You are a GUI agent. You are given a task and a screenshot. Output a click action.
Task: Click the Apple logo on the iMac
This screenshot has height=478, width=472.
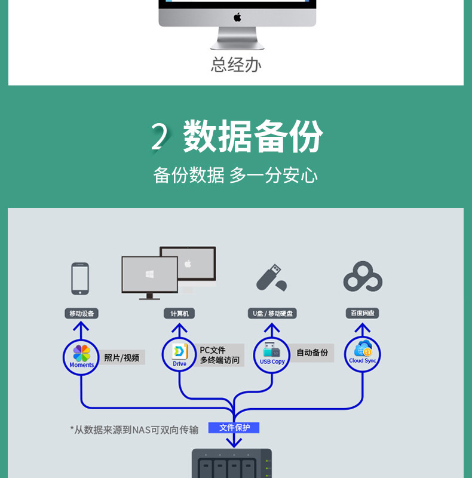click(x=237, y=17)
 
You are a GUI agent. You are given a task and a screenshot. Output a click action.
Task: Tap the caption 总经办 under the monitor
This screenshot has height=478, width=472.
click(x=236, y=65)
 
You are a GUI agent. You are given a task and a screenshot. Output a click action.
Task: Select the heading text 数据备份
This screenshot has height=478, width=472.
click(x=253, y=137)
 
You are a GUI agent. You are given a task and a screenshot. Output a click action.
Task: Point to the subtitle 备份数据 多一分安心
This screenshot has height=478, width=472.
click(x=235, y=175)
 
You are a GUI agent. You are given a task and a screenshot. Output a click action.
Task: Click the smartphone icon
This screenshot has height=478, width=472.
click(x=80, y=278)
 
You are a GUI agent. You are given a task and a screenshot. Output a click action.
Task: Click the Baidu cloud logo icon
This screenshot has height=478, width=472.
click(x=363, y=277)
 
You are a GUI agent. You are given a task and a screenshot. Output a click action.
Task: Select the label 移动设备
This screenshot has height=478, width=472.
click(x=81, y=313)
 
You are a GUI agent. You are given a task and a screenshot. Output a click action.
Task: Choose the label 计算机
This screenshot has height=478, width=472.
click(x=179, y=313)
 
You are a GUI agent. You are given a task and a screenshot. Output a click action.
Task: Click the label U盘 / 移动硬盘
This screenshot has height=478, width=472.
click(x=272, y=313)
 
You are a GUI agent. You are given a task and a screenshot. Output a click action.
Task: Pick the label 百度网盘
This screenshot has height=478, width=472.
click(x=362, y=313)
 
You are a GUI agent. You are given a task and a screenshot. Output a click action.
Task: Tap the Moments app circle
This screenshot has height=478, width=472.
click(x=81, y=357)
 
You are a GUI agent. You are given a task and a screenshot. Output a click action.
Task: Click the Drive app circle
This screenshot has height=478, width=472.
click(x=179, y=355)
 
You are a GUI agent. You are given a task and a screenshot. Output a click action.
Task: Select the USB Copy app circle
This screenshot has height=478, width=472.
click(x=272, y=355)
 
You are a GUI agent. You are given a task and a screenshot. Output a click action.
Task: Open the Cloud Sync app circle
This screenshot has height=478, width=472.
click(x=362, y=354)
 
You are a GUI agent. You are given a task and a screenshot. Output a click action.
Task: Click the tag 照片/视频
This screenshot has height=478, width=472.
click(x=121, y=357)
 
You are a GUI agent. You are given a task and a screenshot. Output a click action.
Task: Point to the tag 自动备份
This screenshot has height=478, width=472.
click(x=312, y=353)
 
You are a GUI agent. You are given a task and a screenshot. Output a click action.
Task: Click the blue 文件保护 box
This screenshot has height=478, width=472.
click(x=234, y=428)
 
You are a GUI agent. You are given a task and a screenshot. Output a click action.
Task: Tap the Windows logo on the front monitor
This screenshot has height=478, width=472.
click(x=149, y=274)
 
